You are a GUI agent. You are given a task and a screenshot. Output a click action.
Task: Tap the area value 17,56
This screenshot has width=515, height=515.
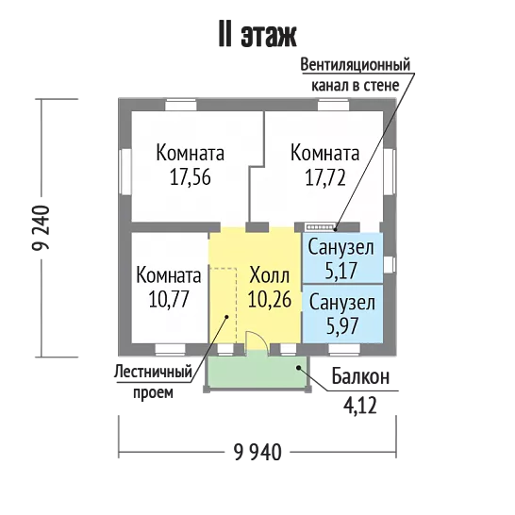pos(191,178)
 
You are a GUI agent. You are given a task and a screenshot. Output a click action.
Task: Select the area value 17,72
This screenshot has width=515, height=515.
pos(325,178)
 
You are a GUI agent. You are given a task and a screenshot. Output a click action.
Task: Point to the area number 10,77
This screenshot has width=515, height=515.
pos(169,299)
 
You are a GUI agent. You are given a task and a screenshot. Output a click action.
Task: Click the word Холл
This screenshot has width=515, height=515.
pos(270,275)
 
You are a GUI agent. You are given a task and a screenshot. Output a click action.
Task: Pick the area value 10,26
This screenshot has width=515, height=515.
pos(270,299)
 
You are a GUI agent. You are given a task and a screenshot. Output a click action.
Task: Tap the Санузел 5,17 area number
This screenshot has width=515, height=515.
pos(341,271)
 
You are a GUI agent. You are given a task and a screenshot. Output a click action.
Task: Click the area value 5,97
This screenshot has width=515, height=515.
pos(341,326)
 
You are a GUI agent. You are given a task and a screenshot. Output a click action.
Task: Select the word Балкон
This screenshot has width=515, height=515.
pos(360,376)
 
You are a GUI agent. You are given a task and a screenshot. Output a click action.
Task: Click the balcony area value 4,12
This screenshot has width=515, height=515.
pos(360,406)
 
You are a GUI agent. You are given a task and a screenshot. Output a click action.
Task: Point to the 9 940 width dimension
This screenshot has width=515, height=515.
pos(257,452)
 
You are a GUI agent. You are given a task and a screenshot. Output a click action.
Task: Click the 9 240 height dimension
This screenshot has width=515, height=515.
pos(42,227)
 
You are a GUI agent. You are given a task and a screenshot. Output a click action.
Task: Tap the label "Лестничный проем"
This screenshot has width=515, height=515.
pos(153,382)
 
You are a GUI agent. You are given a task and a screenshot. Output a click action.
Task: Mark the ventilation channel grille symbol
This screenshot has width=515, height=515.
pos(320,227)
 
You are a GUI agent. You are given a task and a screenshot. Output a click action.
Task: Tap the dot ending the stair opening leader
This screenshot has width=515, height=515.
pos(226,317)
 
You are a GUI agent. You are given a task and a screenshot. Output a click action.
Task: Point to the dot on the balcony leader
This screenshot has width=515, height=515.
pos(299,368)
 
